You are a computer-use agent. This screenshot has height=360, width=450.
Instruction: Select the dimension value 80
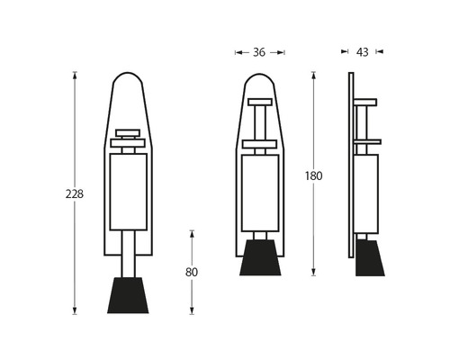coord(191,272)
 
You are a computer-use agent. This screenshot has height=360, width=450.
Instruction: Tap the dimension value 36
coord(259,52)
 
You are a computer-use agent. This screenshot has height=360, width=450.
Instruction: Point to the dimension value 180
coord(313,175)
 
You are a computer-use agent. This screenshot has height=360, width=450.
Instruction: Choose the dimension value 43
coord(362,52)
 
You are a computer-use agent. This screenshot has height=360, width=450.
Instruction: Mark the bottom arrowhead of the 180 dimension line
coord(313,274)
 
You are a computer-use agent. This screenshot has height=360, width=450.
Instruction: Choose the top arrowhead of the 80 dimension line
coord(191,232)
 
